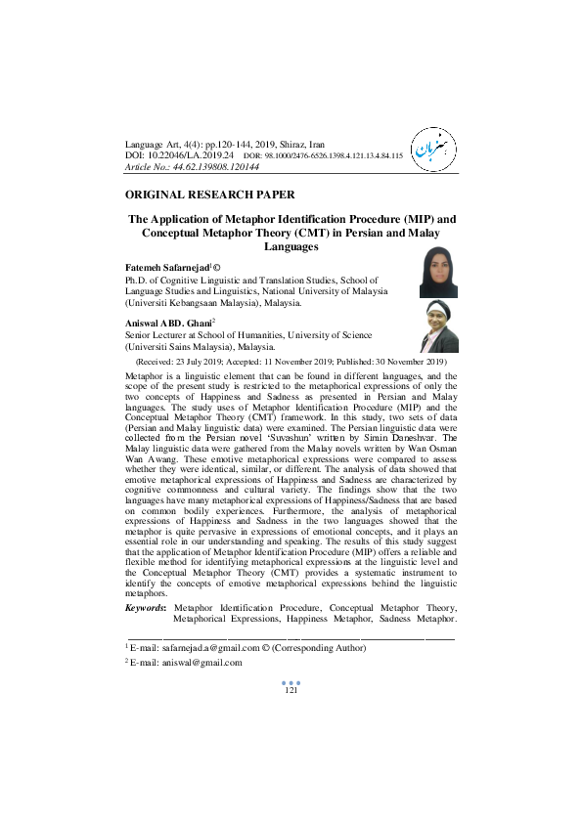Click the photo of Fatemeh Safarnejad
point(438,273)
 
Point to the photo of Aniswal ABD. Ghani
point(438,326)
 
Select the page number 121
point(291,691)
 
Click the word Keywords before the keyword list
point(146,608)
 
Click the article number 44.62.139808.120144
point(225,166)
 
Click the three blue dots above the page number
point(291,682)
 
